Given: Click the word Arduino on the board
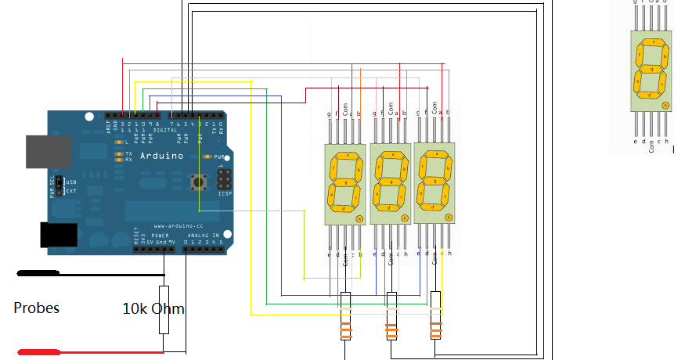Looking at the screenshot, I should [x=161, y=156].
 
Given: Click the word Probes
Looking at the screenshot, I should [x=36, y=308].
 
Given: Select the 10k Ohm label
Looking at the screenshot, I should [x=153, y=308].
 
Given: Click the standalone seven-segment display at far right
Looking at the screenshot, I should [x=651, y=71].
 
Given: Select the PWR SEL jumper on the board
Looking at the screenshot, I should [x=59, y=186].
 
